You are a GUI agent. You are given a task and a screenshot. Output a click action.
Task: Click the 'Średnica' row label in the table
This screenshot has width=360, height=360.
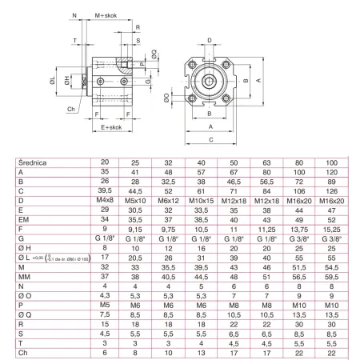[31, 162]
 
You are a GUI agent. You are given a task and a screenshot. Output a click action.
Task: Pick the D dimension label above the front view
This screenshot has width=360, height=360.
[210, 38]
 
